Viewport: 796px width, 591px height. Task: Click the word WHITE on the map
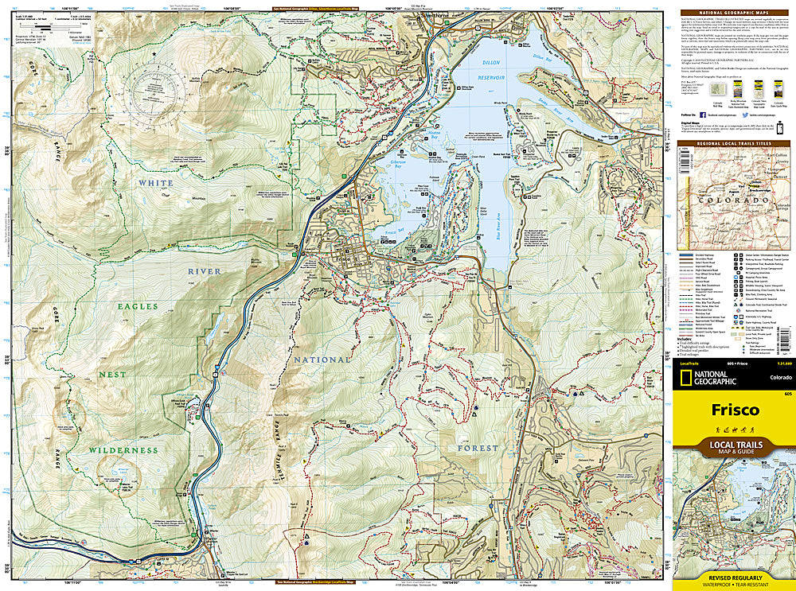tap(157, 183)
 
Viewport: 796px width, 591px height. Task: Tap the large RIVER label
tap(205, 271)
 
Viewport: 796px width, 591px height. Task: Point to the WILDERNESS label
tap(123, 449)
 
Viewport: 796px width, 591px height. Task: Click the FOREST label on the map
tap(478, 448)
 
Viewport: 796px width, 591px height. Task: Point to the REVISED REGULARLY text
tap(734, 577)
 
